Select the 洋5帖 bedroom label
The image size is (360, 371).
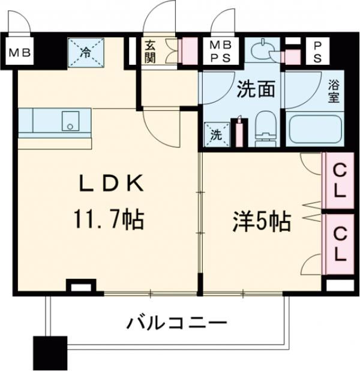(261, 222)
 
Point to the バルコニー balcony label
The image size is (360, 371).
(176, 324)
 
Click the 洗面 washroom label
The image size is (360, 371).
(256, 90)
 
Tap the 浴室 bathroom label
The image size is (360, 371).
(334, 91)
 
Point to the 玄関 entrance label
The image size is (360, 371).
(150, 51)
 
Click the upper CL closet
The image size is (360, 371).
(338, 182)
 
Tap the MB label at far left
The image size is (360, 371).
(20, 52)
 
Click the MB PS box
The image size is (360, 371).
(220, 52)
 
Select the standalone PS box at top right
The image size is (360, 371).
(316, 51)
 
